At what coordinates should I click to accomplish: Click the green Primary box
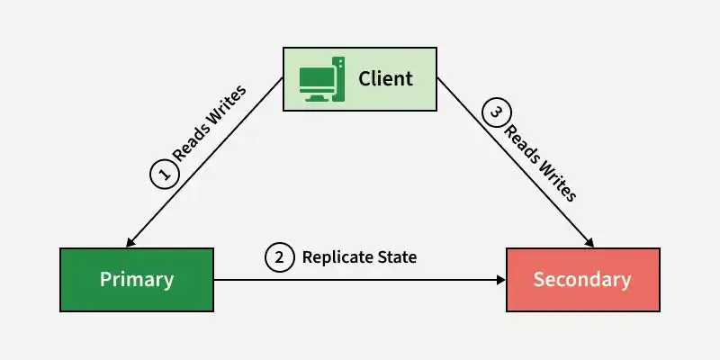[137, 280]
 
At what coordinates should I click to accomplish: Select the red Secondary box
[583, 280]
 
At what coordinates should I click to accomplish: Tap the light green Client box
[359, 79]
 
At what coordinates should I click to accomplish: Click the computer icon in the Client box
[322, 79]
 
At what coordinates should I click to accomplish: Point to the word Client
[386, 78]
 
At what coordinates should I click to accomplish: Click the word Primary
[137, 280]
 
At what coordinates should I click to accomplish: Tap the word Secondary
[582, 280]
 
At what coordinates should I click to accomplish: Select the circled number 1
[165, 175]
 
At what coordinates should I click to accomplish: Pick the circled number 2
[279, 257]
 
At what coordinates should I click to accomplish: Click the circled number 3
[496, 112]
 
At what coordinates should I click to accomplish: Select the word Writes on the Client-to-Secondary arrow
[557, 182]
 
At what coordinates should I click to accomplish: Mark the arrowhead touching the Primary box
[130, 242]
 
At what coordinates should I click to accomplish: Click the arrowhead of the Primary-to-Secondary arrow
[501, 280]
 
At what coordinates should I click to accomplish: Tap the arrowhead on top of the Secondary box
[589, 242]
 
